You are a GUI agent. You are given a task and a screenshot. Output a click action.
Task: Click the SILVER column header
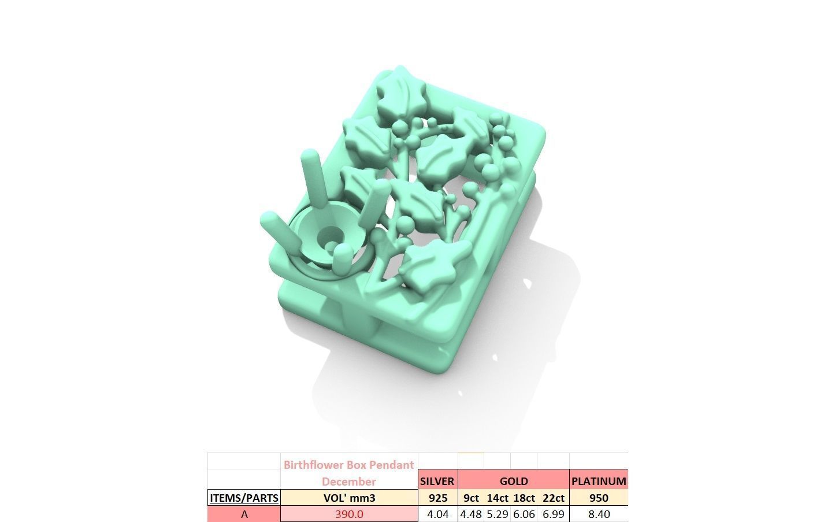pos(437,481)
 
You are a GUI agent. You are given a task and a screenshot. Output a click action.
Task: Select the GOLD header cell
pos(513,481)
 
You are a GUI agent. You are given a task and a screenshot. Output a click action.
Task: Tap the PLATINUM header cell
pos(598,481)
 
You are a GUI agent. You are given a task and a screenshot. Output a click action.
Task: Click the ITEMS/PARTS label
pos(244,498)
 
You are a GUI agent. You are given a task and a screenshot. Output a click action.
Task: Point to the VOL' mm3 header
pos(349,498)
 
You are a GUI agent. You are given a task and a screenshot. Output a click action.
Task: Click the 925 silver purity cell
pos(437,498)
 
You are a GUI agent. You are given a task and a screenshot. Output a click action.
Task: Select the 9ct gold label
pos(471,498)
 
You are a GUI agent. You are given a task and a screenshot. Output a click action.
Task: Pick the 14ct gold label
pos(497,498)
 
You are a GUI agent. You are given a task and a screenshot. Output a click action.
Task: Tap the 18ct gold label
pos(524,498)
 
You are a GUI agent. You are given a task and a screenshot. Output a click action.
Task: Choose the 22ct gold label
pos(553,498)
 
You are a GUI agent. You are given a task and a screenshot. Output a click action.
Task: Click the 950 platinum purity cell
pos(598,498)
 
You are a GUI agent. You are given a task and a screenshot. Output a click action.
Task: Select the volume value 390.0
pos(349,514)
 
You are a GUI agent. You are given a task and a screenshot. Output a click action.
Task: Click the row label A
pos(244,514)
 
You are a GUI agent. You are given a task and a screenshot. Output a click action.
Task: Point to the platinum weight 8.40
pos(598,514)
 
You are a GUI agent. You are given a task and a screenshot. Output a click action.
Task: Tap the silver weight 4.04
pos(437,514)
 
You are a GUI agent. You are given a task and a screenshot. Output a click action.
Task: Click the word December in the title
pos(349,482)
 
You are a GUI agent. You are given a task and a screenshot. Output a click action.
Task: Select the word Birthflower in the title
pos(313,465)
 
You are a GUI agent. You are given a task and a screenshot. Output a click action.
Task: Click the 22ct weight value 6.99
pos(553,514)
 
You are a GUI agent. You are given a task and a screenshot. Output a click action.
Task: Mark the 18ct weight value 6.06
pos(524,514)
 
